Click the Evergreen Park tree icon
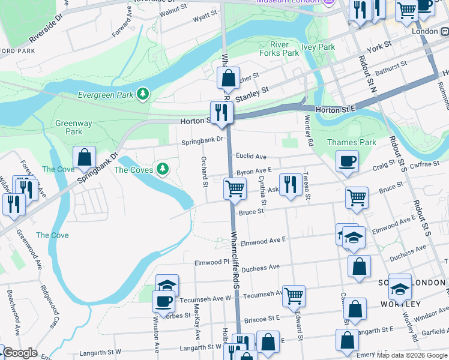click(x=143, y=94)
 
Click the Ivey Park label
click(x=318, y=47)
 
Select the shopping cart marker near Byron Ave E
click(x=235, y=188)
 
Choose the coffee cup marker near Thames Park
click(x=347, y=161)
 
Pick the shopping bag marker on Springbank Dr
click(x=85, y=157)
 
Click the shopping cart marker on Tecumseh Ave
click(x=294, y=295)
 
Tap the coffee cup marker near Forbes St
click(x=163, y=301)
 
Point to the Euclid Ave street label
click(x=252, y=157)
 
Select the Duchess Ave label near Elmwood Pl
click(x=262, y=267)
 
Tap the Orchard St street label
click(x=205, y=172)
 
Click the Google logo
click(x=20, y=353)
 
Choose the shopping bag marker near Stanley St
click(x=228, y=78)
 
